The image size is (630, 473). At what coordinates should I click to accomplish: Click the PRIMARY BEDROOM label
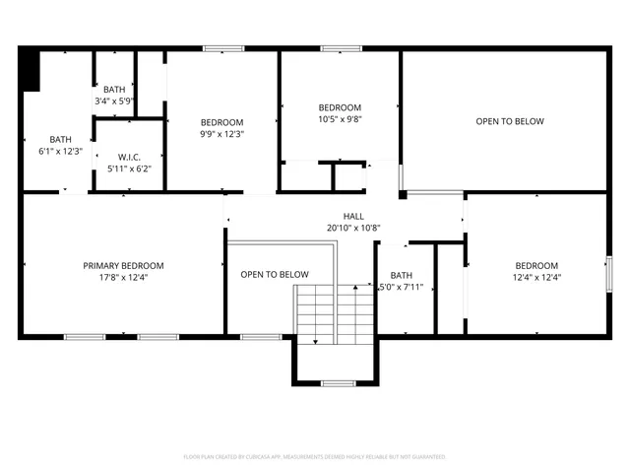click(x=123, y=265)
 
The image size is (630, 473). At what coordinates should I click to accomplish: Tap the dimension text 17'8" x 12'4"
click(x=123, y=278)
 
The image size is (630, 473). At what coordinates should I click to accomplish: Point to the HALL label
click(x=353, y=215)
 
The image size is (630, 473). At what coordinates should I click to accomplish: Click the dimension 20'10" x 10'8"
click(x=353, y=228)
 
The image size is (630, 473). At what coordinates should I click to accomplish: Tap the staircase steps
click(x=335, y=313)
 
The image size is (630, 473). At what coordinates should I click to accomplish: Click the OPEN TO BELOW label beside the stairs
click(x=275, y=274)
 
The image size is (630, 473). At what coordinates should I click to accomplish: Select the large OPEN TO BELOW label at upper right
click(x=510, y=121)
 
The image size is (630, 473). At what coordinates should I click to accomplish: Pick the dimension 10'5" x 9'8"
click(x=340, y=119)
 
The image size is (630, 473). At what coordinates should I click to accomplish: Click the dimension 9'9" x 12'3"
click(x=221, y=134)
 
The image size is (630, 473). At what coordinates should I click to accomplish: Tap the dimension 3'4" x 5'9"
click(x=114, y=101)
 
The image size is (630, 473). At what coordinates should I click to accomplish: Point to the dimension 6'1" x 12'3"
click(x=61, y=152)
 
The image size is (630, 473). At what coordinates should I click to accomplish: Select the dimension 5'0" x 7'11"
click(x=402, y=288)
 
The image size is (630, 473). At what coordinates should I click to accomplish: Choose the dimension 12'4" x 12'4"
click(x=536, y=278)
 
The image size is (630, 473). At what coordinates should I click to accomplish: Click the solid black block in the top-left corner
click(x=29, y=68)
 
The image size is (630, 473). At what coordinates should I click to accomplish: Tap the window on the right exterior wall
click(x=606, y=272)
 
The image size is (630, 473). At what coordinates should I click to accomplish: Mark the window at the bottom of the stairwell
click(x=338, y=382)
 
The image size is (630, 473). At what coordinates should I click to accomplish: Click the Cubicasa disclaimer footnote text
click(x=315, y=457)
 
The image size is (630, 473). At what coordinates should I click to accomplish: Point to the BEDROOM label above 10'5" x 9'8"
click(x=340, y=107)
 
